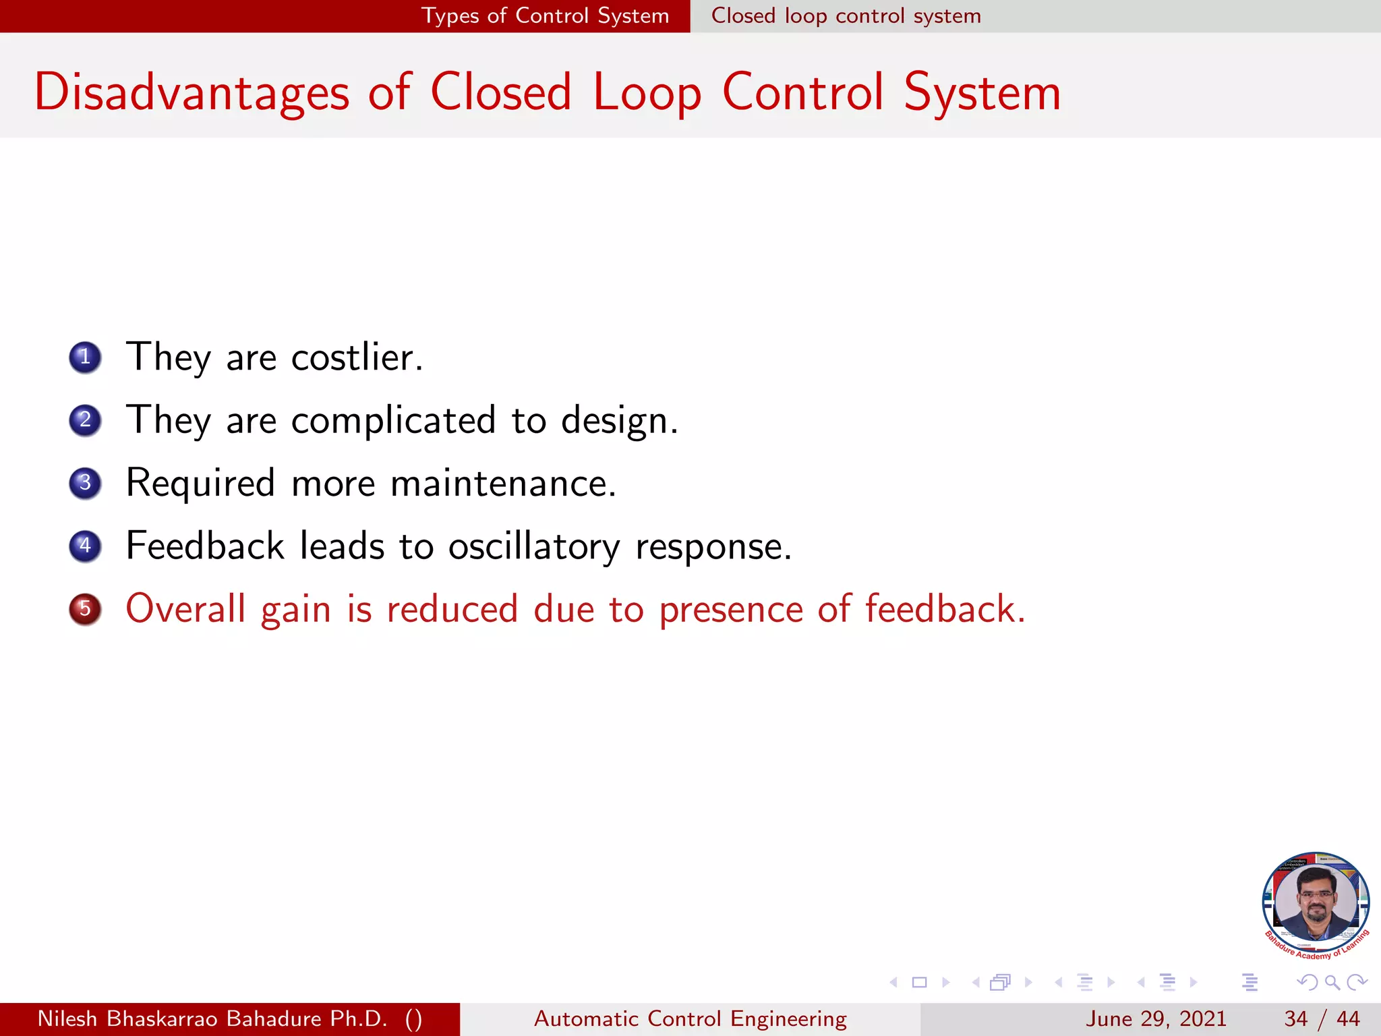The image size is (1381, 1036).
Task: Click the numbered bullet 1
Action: [85, 357]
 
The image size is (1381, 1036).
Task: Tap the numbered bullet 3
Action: [85, 483]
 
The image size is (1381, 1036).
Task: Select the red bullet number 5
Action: [85, 609]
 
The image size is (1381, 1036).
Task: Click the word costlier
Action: [356, 357]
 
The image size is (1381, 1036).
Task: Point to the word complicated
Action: [393, 420]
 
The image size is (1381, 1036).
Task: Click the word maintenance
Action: [503, 484]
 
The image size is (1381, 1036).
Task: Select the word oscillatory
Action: [533, 546]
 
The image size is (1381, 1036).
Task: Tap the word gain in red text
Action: [295, 610]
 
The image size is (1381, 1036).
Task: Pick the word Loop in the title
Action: [647, 92]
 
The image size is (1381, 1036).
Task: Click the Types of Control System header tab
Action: [545, 16]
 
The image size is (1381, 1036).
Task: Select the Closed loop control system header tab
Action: [846, 16]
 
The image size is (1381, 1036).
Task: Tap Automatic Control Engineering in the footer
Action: [690, 1018]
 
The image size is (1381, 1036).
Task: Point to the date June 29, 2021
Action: [1155, 1018]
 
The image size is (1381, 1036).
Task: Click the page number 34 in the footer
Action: [1295, 1018]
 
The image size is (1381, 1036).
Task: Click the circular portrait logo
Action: [1315, 902]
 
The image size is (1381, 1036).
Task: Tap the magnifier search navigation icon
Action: [1332, 983]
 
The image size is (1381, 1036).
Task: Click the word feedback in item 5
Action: [944, 609]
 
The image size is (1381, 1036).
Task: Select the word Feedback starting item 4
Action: [205, 546]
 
